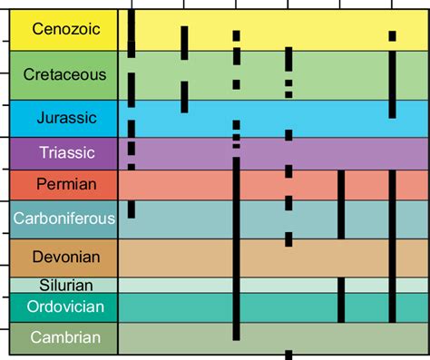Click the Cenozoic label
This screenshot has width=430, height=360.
[59, 29]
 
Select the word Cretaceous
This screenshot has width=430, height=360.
[59, 74]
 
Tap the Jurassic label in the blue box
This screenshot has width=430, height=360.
[59, 117]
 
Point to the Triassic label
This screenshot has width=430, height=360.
[59, 151]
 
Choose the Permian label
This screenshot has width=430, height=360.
[59, 185]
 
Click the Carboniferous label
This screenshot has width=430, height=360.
[59, 219]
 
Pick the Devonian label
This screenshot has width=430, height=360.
[59, 258]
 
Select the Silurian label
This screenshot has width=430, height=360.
[59, 285]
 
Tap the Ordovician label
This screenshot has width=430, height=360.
[59, 306]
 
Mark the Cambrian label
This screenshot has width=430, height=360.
[59, 337]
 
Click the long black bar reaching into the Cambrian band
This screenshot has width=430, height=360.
[236, 254]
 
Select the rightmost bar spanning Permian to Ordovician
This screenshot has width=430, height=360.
[392, 245]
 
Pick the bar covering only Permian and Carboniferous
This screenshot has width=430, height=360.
[341, 204]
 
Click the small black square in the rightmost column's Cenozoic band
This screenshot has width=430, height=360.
[392, 36]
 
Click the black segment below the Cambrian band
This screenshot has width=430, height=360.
[288, 355]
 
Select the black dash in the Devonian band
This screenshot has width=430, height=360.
[288, 239]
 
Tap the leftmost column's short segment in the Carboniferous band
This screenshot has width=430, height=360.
[132, 209]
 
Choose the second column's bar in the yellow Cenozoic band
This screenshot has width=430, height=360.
[184, 42]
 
